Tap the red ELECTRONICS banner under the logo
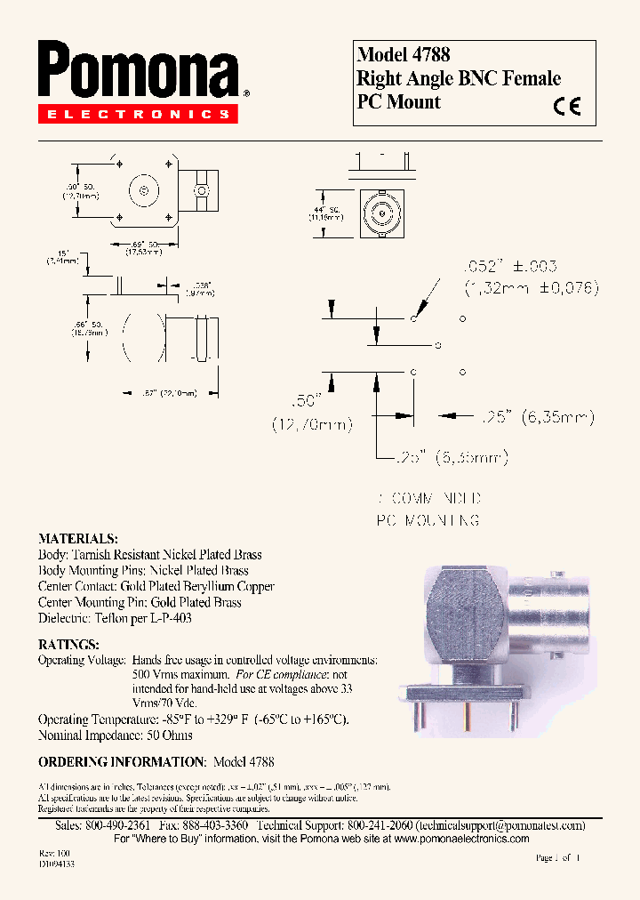click(x=138, y=115)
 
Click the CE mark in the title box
click(x=566, y=107)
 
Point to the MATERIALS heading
click(x=77, y=539)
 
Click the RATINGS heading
click(x=68, y=644)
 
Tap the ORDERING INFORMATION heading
click(x=122, y=762)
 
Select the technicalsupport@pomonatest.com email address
click(x=500, y=825)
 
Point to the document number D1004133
click(x=57, y=864)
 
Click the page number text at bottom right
click(x=557, y=858)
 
